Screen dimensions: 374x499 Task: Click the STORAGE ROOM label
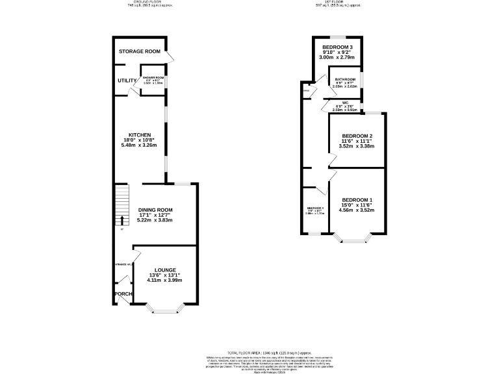tap(140, 51)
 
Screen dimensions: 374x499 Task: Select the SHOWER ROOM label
tap(153, 77)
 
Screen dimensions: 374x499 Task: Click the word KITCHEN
tap(140, 135)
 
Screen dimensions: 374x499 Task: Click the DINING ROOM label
tap(155, 210)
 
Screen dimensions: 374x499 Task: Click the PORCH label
tap(123, 294)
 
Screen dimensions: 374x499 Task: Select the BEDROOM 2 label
tap(357, 136)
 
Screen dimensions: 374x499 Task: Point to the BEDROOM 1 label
tap(357, 199)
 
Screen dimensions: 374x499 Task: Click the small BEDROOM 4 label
tap(315, 208)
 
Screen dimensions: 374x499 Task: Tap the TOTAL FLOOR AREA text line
tap(249, 351)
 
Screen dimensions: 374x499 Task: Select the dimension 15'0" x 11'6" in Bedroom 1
tap(357, 205)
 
